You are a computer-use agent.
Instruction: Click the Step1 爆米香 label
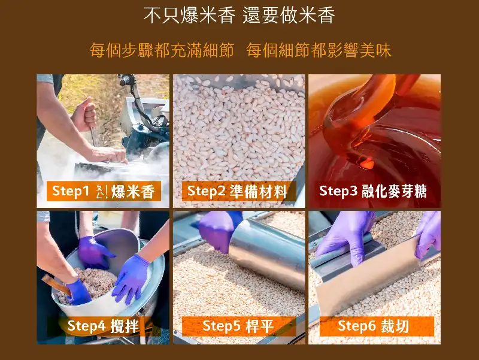click(x=104, y=191)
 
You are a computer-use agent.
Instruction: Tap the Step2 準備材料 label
click(x=238, y=191)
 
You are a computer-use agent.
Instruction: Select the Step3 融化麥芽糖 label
click(x=372, y=191)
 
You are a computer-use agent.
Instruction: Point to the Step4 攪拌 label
click(x=104, y=326)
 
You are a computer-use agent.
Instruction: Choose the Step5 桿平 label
click(x=238, y=326)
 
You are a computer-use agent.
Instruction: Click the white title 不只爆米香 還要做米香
click(x=239, y=16)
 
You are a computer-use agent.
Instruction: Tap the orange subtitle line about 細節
click(x=241, y=50)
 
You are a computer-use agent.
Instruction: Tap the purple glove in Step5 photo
click(x=219, y=230)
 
